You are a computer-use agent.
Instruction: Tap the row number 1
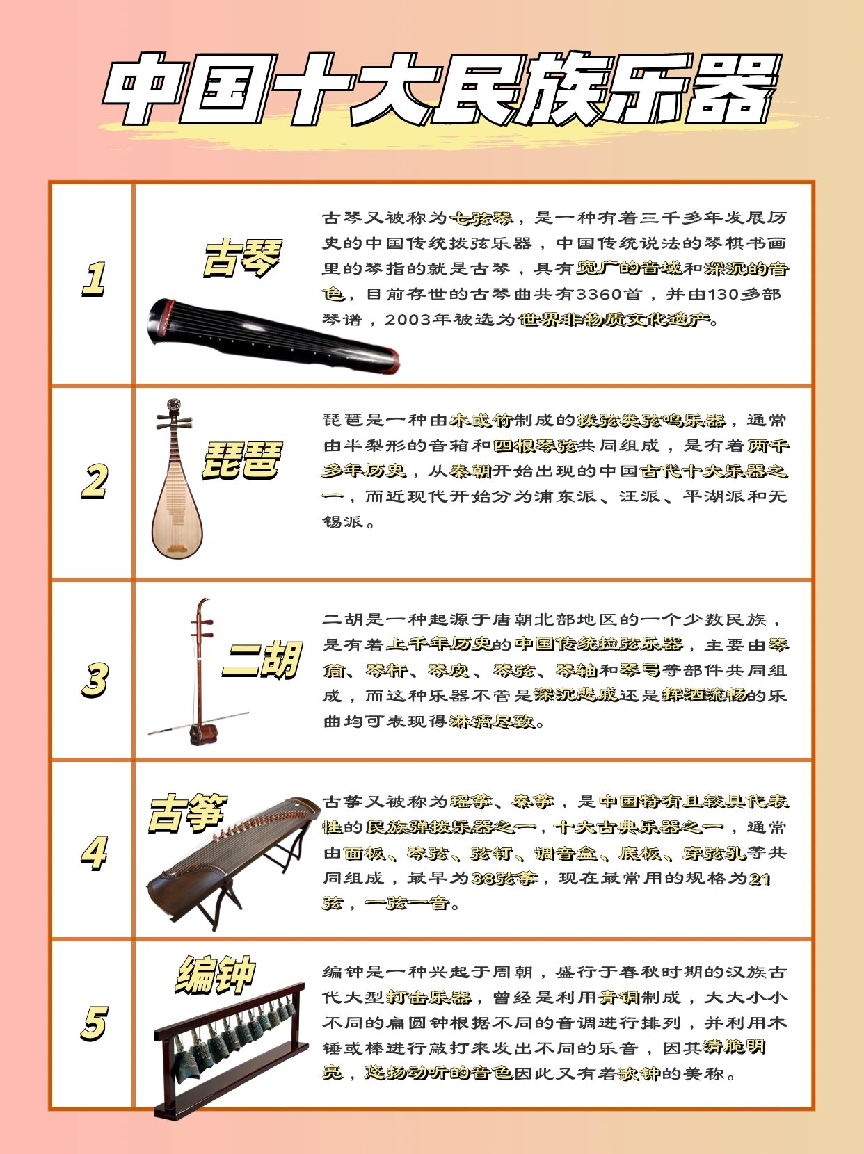tap(94, 279)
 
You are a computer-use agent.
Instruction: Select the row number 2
tap(94, 481)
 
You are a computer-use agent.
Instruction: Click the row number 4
tap(94, 852)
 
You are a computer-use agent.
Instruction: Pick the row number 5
tap(94, 1023)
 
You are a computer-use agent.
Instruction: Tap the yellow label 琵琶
tap(242, 460)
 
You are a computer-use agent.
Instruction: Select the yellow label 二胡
tap(261, 659)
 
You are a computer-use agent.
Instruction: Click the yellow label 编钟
tap(215, 975)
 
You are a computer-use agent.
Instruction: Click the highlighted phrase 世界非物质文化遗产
tap(616, 320)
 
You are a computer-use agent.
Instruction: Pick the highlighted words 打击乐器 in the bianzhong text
tap(429, 998)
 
